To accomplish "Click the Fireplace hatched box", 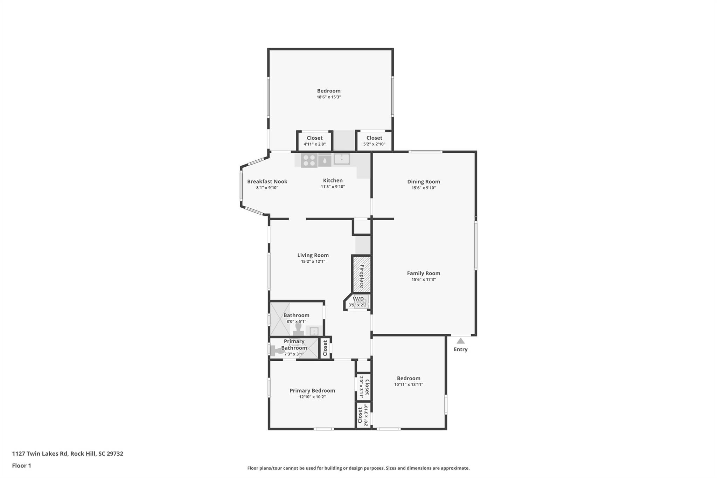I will click(361, 274).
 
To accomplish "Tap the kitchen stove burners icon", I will click(309, 160).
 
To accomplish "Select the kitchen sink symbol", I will click(342, 159).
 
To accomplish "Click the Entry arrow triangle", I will click(460, 341).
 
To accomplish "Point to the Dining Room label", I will click(423, 181).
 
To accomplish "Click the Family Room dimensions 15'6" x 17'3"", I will click(423, 279).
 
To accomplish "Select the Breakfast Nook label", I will click(267, 181).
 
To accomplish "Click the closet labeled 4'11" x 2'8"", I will click(314, 141).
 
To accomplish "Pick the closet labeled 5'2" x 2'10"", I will click(374, 141).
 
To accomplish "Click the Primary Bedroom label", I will click(312, 390).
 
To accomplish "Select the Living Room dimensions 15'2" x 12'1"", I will click(313, 261).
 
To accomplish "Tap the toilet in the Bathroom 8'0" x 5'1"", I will click(298, 329).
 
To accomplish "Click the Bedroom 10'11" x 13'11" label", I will click(409, 378).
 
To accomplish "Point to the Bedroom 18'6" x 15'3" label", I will click(329, 91).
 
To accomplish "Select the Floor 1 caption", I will click(21, 465).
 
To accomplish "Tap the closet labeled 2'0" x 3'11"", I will click(364, 387).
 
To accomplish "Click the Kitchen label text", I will click(333, 180).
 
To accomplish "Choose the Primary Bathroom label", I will click(294, 345).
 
